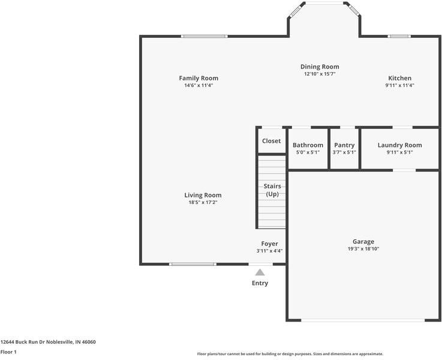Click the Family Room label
pyautogui.click(x=199, y=78)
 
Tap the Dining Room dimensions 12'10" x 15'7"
pyautogui.click(x=320, y=74)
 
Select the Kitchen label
pyautogui.click(x=399, y=78)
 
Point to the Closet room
pyautogui.click(x=271, y=141)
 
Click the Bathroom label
pyautogui.click(x=308, y=145)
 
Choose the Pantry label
pyautogui.click(x=344, y=145)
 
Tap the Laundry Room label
pyautogui.click(x=399, y=145)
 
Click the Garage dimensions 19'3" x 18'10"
pyautogui.click(x=363, y=249)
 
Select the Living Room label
pyautogui.click(x=203, y=195)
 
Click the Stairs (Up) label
pyautogui.click(x=272, y=190)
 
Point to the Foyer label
pyautogui.click(x=269, y=244)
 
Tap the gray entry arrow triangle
pyautogui.click(x=260, y=272)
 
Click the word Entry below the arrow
pyautogui.click(x=260, y=283)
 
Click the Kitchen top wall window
pyautogui.click(x=399, y=36)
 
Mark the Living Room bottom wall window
pyautogui.click(x=193, y=264)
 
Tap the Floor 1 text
pyautogui.click(x=8, y=352)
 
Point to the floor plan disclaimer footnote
pyautogui.click(x=290, y=354)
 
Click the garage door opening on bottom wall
pyautogui.click(x=363, y=320)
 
